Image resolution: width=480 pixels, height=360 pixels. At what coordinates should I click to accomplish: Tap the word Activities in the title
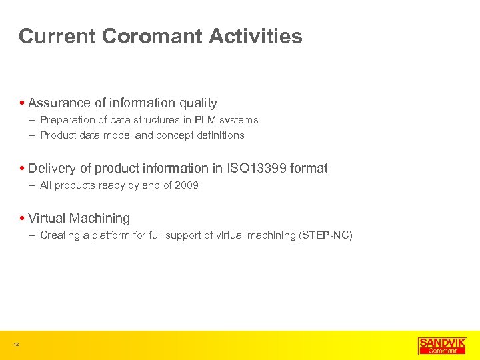tap(255, 36)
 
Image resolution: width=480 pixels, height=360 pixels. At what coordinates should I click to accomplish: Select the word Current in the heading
tap(58, 36)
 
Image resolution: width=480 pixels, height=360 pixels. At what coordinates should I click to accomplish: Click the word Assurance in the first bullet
tap(59, 103)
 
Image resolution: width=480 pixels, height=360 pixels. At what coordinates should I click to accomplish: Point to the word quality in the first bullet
tap(197, 103)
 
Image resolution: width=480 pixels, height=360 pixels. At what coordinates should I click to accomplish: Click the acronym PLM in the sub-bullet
tap(206, 121)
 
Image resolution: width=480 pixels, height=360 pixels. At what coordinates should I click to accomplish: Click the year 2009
tap(187, 185)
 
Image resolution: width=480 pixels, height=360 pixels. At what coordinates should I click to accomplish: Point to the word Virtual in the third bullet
tap(47, 219)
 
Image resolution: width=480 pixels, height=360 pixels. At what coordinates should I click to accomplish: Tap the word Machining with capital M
tap(99, 219)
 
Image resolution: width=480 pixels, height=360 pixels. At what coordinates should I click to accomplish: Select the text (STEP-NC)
tap(326, 235)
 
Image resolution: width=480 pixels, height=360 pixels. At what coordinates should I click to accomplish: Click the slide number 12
tap(15, 344)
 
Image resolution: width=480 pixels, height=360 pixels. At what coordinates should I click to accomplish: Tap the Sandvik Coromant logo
tap(442, 345)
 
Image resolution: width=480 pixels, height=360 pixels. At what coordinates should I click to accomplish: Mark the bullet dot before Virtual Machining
tap(23, 219)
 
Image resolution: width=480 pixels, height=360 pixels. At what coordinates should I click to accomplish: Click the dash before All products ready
tap(33, 185)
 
